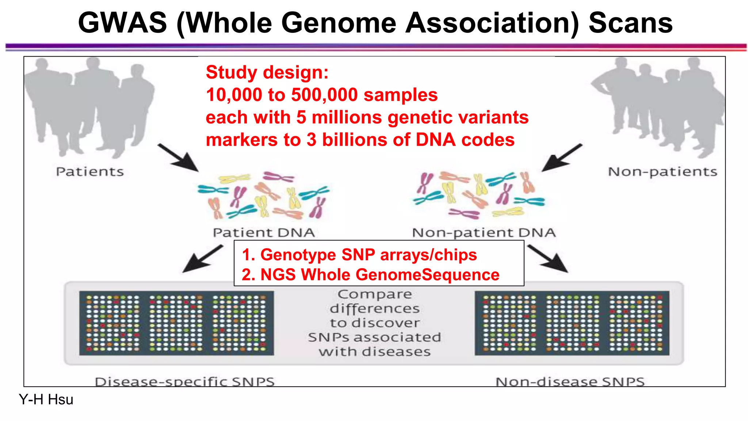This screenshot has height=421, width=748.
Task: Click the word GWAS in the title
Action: (x=122, y=23)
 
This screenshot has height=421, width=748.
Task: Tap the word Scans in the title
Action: (x=630, y=23)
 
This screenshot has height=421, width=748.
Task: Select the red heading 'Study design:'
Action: (x=267, y=72)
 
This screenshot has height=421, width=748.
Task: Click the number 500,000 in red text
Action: (x=324, y=95)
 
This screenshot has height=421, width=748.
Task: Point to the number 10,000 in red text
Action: (x=234, y=95)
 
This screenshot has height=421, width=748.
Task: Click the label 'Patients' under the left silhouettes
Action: (x=90, y=172)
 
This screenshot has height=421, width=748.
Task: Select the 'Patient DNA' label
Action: (x=264, y=233)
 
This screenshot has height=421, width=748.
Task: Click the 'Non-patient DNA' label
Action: (x=484, y=233)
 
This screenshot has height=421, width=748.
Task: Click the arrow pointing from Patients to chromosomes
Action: (x=179, y=158)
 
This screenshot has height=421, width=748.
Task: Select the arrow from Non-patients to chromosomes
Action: (x=561, y=158)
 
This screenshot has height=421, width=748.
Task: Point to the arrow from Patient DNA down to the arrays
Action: (x=203, y=259)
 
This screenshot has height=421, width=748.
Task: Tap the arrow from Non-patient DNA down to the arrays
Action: (x=548, y=259)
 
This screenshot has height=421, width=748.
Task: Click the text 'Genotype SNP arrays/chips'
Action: (x=368, y=255)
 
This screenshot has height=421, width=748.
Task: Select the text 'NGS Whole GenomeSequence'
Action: (x=379, y=275)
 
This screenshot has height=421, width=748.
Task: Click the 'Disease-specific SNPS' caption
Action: (x=184, y=382)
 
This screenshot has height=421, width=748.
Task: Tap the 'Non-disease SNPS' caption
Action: (x=570, y=382)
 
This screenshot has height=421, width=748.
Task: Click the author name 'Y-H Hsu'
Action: (x=46, y=400)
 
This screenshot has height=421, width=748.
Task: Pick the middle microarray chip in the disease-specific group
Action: (x=176, y=323)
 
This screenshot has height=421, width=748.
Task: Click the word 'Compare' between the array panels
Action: (x=375, y=295)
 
